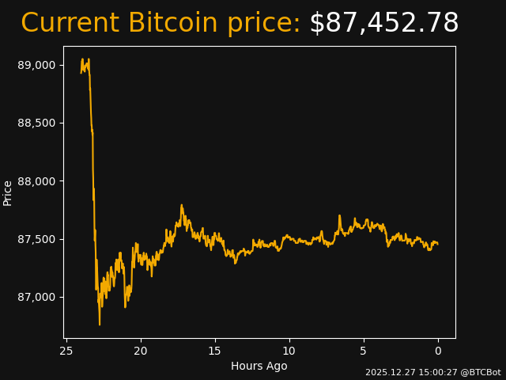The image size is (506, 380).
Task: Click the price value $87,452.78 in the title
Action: point(383,24)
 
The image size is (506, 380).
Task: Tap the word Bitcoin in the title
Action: point(172,24)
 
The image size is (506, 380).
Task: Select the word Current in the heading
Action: point(70,24)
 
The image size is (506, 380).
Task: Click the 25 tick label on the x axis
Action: point(66,351)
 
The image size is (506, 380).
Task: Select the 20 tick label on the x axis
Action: point(141,351)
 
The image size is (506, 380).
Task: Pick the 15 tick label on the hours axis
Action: point(215,351)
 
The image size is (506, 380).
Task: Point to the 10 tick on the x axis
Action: point(289,351)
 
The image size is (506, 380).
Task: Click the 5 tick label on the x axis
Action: point(364,351)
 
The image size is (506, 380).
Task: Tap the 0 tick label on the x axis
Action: point(438,351)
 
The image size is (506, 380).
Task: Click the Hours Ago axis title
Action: point(259,366)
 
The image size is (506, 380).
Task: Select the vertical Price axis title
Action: point(8,192)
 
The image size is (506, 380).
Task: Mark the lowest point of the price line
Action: point(100,325)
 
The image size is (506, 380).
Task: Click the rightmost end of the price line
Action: point(438,244)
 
